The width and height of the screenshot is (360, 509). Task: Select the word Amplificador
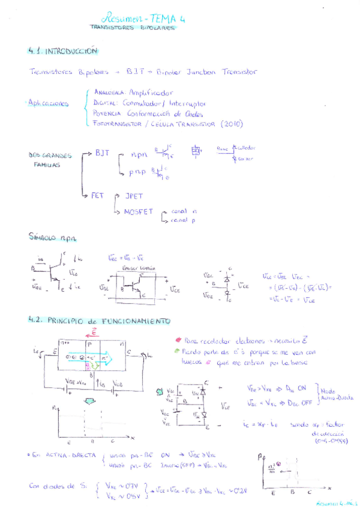click(x=151, y=93)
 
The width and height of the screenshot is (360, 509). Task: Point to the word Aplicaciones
click(x=48, y=103)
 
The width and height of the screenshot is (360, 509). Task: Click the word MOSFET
click(x=139, y=212)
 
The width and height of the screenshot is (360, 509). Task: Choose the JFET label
click(x=134, y=196)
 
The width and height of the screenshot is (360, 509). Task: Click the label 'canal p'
click(x=184, y=220)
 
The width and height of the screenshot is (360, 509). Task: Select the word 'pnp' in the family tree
click(x=137, y=172)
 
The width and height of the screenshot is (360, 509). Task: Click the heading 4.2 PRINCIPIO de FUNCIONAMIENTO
click(x=99, y=321)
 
